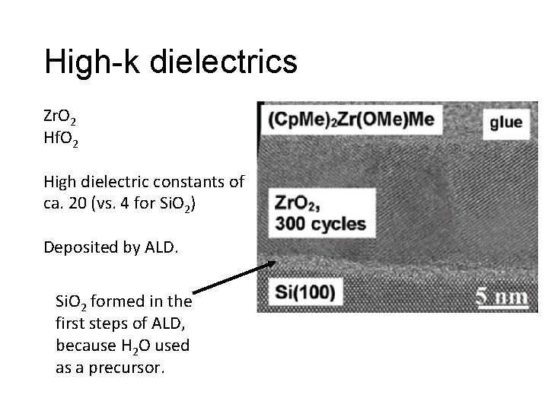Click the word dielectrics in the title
(x=225, y=62)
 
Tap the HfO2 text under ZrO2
(x=59, y=139)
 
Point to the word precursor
(x=133, y=367)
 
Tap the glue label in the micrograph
(x=505, y=123)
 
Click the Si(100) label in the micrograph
(x=304, y=292)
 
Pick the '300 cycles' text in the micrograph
(x=320, y=225)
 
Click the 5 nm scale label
(x=500, y=297)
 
